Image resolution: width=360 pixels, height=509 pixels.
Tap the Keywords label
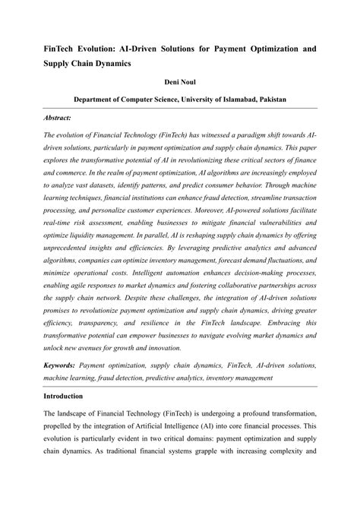61,365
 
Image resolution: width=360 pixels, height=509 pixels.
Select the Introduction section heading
68,396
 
